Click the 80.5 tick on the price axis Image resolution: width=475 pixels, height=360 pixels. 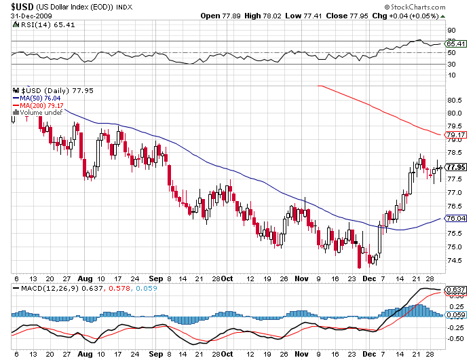454,99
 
